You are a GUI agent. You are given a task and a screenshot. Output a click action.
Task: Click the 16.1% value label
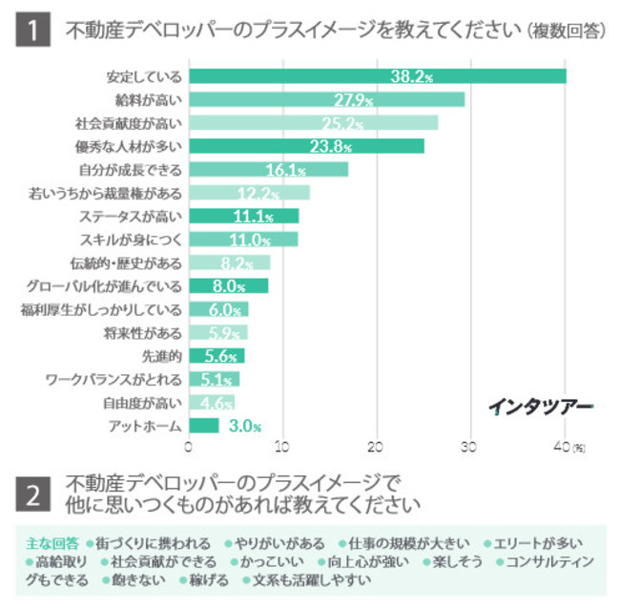pos(285,170)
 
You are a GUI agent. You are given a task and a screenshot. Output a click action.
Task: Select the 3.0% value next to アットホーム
pos(244,426)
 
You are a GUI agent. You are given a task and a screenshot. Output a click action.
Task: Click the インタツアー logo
pos(541,406)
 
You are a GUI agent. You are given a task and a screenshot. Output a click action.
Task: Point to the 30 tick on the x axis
pos(469,446)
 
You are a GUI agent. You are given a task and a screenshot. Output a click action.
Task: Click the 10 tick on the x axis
pos(282,446)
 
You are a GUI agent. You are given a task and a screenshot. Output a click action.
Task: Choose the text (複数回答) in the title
pos(565,32)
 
